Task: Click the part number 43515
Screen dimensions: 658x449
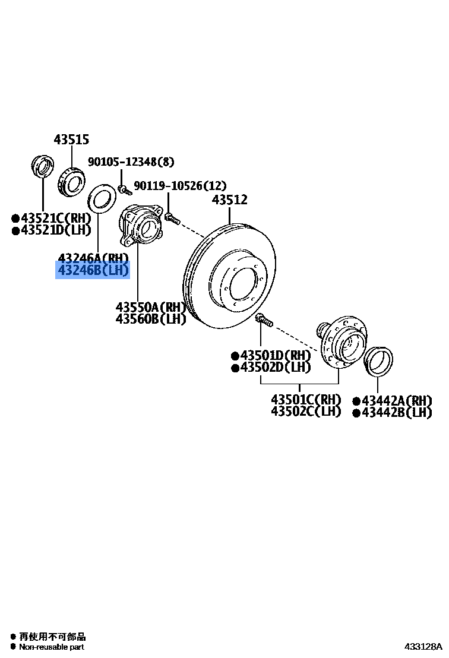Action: tap(71, 140)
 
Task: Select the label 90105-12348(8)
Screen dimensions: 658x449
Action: tap(131, 162)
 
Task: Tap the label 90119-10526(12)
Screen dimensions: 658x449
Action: tap(180, 186)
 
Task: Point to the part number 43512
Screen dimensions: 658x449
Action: tap(230, 201)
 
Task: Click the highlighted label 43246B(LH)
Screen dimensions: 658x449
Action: tap(93, 271)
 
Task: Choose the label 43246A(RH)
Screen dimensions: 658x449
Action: tap(93, 258)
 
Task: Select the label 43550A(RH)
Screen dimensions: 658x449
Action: tap(151, 308)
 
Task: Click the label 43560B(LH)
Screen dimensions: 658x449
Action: tap(151, 319)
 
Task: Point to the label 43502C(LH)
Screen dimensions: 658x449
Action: tap(306, 411)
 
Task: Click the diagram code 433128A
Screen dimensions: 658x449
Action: tap(424, 646)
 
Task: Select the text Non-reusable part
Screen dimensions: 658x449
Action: tap(52, 647)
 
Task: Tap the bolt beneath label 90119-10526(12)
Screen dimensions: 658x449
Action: tap(171, 218)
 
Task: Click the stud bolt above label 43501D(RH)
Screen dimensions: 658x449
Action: tap(264, 321)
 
